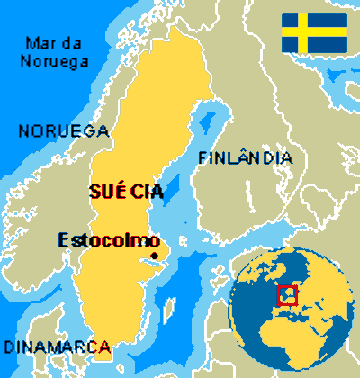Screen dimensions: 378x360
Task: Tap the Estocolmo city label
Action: pyautogui.click(x=108, y=240)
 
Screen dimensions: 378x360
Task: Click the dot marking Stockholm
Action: pyautogui.click(x=155, y=256)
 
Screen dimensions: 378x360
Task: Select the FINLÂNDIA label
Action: pyautogui.click(x=245, y=157)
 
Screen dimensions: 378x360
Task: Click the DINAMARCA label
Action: pyautogui.click(x=57, y=346)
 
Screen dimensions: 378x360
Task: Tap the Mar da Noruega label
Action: pyautogui.click(x=57, y=52)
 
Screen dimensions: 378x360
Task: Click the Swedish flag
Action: pyautogui.click(x=314, y=32)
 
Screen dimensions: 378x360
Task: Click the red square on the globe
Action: pyautogui.click(x=286, y=294)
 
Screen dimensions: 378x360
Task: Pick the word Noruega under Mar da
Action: pyautogui.click(x=57, y=61)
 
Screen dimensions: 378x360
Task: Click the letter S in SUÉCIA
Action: pyautogui.click(x=94, y=191)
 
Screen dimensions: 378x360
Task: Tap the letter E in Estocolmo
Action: pyautogui.click(x=63, y=240)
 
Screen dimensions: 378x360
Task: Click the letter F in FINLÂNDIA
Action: pyautogui.click(x=202, y=158)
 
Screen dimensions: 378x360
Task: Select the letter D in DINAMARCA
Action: pyautogui.click(x=9, y=346)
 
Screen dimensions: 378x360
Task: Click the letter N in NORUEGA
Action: pyautogui.click(x=24, y=130)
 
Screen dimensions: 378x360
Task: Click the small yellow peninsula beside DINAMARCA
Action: pyautogui.click(x=104, y=352)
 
